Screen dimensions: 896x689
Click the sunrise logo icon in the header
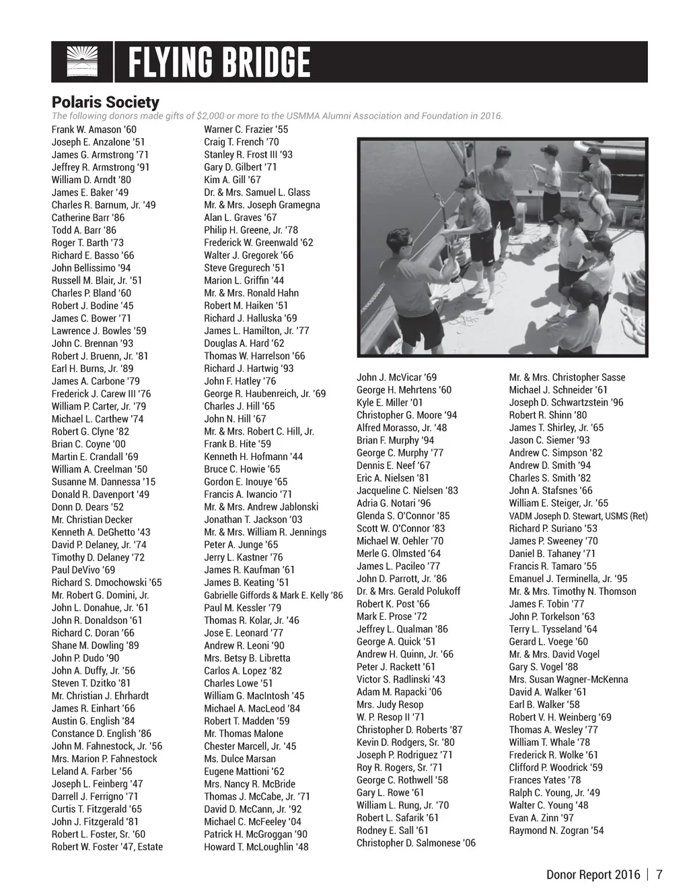[82, 62]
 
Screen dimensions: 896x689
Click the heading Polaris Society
[106, 102]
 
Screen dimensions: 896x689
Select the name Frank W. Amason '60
[94, 129]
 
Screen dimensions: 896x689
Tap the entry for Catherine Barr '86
[88, 218]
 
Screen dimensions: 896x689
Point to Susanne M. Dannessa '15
[104, 482]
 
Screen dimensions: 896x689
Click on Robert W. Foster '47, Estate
[107, 847]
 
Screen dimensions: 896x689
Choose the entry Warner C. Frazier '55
[246, 129]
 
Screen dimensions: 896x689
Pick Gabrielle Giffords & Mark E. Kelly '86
[273, 596]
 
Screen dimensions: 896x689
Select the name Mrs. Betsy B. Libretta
[247, 658]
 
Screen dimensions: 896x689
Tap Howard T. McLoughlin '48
[256, 847]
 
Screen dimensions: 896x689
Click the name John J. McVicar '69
[396, 377]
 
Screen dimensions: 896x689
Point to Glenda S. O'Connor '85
[403, 515]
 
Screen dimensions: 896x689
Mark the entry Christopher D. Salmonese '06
[416, 843]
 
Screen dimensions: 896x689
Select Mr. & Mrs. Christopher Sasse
[567, 377]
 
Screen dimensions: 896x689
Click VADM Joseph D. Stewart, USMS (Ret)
[578, 516]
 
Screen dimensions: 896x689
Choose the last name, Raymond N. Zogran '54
[556, 831]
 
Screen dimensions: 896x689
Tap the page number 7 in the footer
[659, 874]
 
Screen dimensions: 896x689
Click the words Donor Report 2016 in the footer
[593, 874]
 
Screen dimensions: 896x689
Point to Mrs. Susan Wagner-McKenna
[568, 680]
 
